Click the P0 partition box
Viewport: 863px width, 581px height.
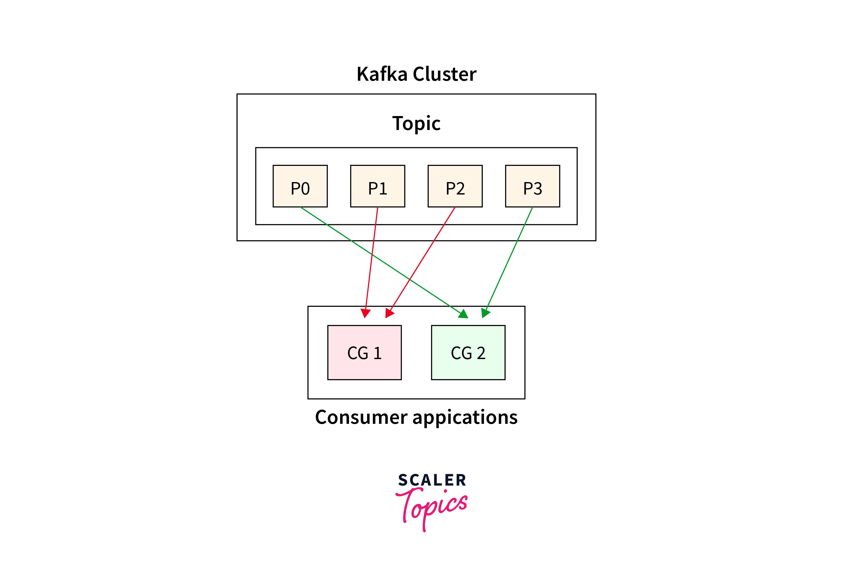point(300,186)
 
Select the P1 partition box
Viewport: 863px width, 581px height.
point(377,186)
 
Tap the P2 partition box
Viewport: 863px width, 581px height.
point(455,186)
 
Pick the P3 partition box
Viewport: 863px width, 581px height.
point(532,186)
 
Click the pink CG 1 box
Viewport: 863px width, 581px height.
point(364,352)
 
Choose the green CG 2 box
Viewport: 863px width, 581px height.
point(468,352)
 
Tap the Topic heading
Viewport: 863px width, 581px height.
point(416,123)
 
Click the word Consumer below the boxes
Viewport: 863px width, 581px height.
point(361,417)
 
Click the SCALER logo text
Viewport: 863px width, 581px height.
point(432,480)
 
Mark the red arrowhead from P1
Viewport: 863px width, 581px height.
point(366,313)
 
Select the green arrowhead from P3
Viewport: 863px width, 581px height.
point(485,313)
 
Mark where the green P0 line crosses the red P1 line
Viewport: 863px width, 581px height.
point(372,254)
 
